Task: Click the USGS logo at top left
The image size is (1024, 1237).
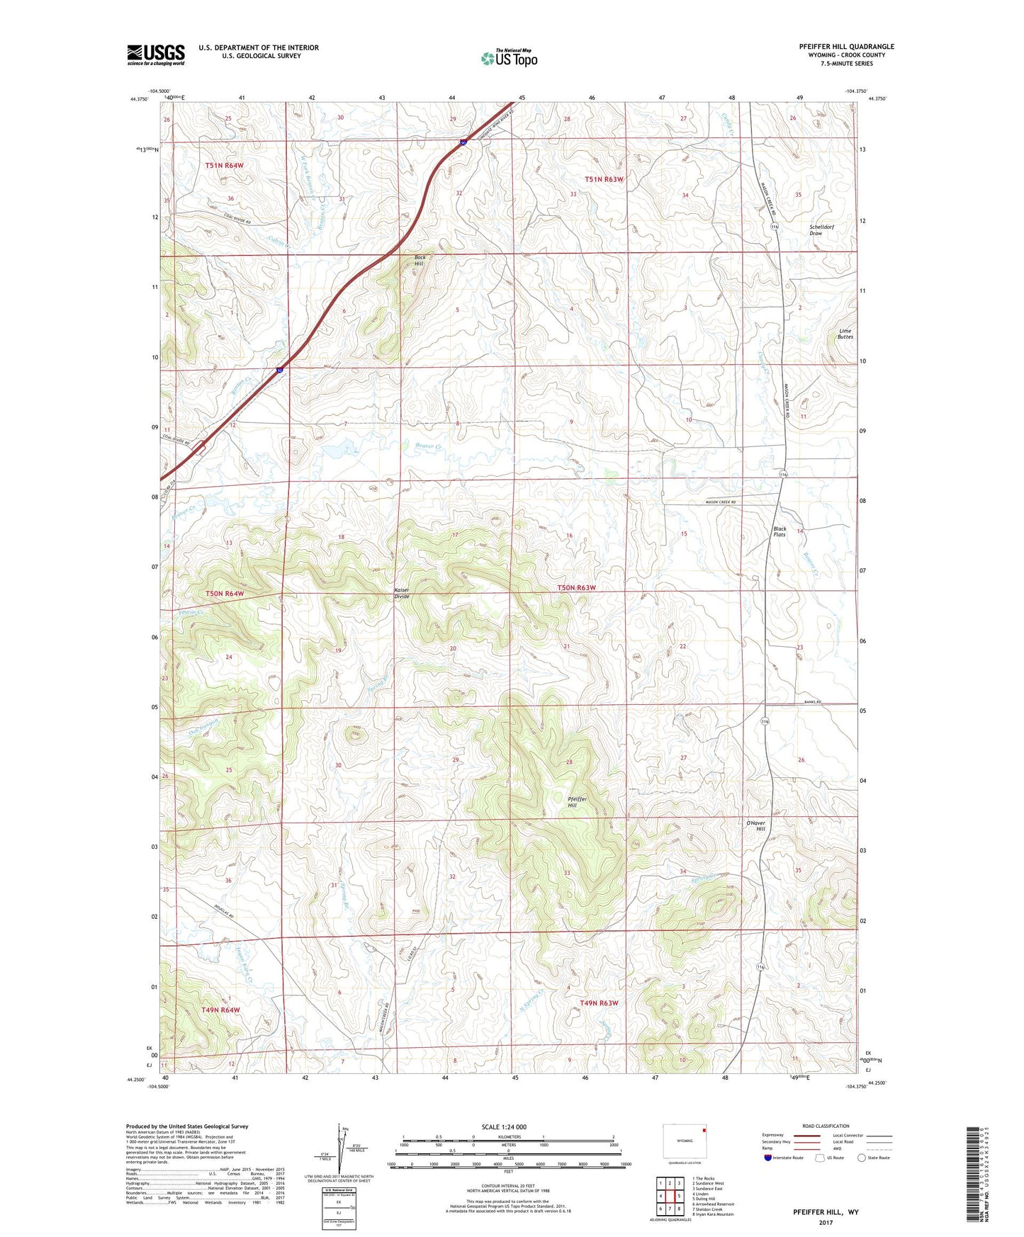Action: pos(155,55)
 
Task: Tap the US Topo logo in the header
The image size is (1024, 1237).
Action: pos(508,58)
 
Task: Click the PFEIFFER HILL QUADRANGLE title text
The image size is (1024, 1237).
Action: pos(846,47)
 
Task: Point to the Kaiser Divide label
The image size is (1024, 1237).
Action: pos(402,594)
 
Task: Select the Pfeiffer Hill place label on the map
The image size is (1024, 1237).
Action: pos(577,802)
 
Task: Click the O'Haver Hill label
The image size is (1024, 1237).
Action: pos(755,826)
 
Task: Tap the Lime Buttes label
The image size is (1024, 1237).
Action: pos(845,334)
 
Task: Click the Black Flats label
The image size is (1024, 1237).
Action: pos(780,531)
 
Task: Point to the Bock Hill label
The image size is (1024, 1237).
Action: pos(420,260)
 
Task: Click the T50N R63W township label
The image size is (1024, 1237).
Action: pos(576,588)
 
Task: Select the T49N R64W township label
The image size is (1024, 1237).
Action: pos(220,1010)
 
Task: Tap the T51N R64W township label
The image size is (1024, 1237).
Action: pos(224,165)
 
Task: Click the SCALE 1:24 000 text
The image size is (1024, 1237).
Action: pos(503,1126)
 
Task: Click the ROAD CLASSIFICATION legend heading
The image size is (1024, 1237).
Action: pos(825,1126)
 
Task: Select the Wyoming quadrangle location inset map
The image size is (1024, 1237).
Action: pos(685,1141)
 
